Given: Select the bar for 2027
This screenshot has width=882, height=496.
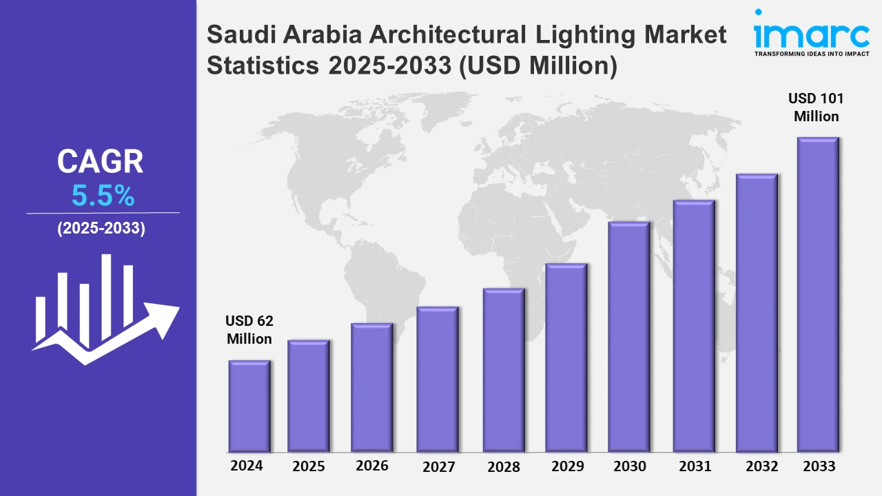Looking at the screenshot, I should pyautogui.click(x=438, y=379).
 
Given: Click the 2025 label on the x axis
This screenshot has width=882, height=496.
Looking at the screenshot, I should pyautogui.click(x=309, y=466).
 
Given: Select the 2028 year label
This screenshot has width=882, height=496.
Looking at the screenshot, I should pyautogui.click(x=504, y=467).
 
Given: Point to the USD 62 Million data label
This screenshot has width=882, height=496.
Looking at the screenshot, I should pyautogui.click(x=249, y=330).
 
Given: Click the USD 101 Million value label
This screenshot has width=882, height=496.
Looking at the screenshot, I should pyautogui.click(x=817, y=107).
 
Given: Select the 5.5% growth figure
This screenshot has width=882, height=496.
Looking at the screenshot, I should pyautogui.click(x=103, y=197).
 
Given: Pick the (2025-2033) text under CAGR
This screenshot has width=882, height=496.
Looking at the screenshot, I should pyautogui.click(x=101, y=229).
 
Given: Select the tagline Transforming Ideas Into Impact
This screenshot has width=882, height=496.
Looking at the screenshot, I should pyautogui.click(x=812, y=53).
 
